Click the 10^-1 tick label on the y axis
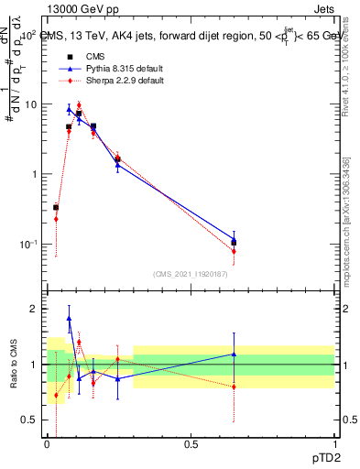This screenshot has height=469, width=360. (30, 245)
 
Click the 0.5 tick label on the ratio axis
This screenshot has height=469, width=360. (33, 420)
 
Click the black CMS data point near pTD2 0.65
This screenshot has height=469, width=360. (234, 243)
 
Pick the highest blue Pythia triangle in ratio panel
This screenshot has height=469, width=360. (69, 319)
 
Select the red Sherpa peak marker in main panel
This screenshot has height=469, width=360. (79, 105)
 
